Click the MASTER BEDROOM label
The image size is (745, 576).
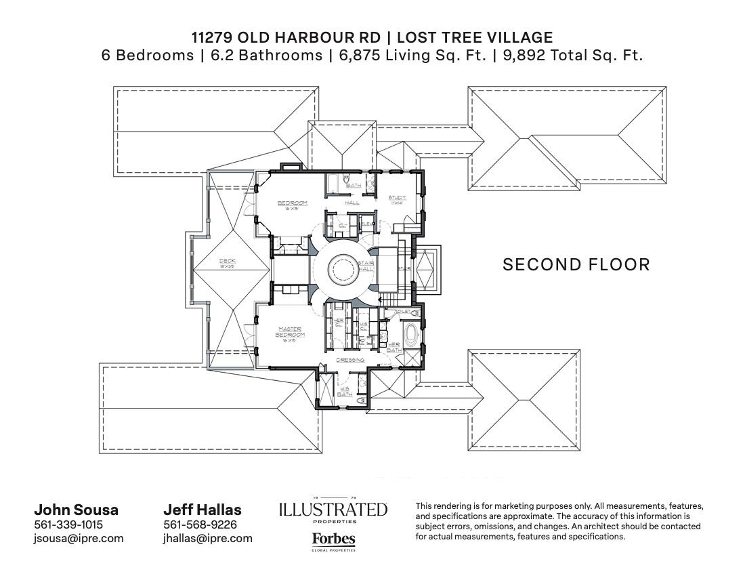pos(291,332)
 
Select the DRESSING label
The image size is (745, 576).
pos(350,360)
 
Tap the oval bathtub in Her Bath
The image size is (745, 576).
pos(412,335)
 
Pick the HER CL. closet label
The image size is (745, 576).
pos(339,322)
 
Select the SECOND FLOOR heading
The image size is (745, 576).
pos(576,264)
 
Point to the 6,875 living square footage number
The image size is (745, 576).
pos(358,56)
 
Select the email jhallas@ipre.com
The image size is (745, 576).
pos(207,538)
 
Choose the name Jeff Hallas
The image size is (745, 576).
pos(202,510)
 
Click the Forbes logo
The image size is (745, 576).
pos(333,539)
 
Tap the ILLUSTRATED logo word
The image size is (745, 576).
pos(333,510)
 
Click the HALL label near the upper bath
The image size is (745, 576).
pos(352,203)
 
